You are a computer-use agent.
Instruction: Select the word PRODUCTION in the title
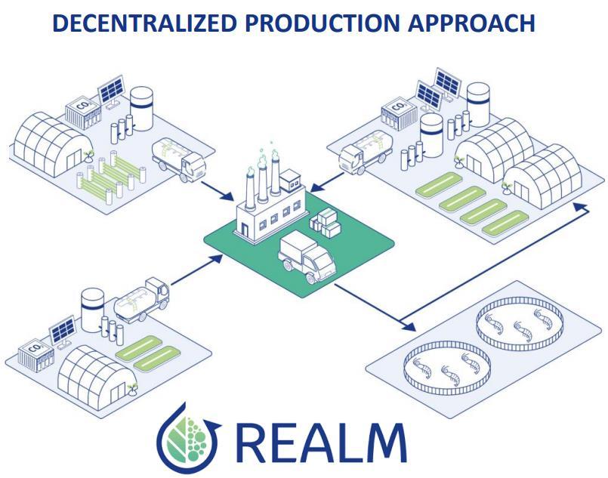coord(323,23)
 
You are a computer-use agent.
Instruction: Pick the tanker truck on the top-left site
coord(178,157)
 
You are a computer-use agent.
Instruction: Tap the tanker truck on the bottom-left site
coord(144,300)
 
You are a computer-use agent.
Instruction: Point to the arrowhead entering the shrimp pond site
coord(409,327)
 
